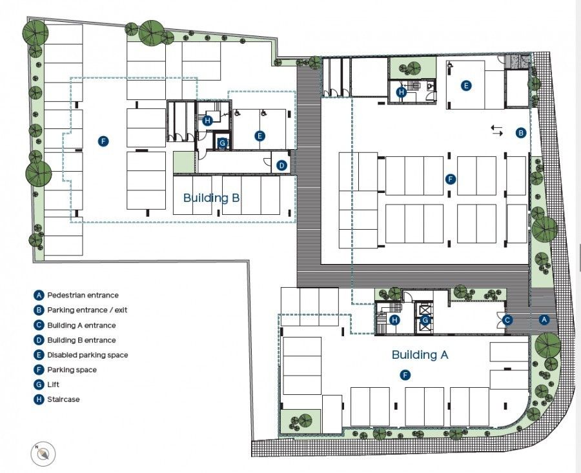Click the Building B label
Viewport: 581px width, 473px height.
click(x=211, y=197)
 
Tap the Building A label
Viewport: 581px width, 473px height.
click(x=420, y=354)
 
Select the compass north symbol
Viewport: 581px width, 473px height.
click(x=43, y=454)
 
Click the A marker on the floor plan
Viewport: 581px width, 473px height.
click(x=544, y=319)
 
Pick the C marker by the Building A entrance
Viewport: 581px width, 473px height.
click(x=508, y=319)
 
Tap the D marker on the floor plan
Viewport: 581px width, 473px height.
click(x=281, y=166)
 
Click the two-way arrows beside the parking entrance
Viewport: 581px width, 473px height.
click(x=496, y=130)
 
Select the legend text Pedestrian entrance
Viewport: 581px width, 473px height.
click(x=83, y=296)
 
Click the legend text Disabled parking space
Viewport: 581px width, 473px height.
click(x=87, y=355)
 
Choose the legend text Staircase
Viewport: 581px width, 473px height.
click(x=63, y=399)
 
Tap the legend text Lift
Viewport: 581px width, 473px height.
click(x=54, y=385)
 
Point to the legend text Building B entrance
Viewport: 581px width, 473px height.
click(x=81, y=340)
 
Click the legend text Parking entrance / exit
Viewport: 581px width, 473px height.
click(x=87, y=310)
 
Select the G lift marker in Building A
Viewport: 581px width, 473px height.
click(x=425, y=319)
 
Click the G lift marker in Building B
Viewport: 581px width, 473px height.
click(x=223, y=143)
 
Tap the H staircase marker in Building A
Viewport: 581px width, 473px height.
click(x=394, y=319)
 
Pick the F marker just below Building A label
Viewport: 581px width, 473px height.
click(x=405, y=374)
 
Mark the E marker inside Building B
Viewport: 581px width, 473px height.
click(x=260, y=136)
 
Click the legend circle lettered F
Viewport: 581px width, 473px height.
click(x=39, y=370)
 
